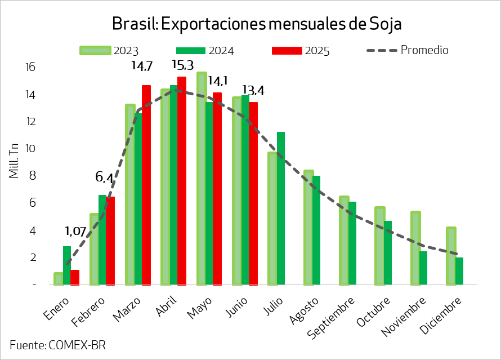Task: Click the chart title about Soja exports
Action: [256, 24]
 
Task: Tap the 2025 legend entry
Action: [301, 51]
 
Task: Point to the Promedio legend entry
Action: [408, 50]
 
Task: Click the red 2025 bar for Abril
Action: [182, 180]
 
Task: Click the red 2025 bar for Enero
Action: [75, 277]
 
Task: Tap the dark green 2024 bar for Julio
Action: [281, 208]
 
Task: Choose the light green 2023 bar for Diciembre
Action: [451, 256]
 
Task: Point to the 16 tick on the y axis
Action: [30, 67]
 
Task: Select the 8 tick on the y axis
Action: [32, 176]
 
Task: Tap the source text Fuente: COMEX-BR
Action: [57, 345]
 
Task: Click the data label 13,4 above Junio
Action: [253, 91]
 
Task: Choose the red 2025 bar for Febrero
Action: [110, 241]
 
